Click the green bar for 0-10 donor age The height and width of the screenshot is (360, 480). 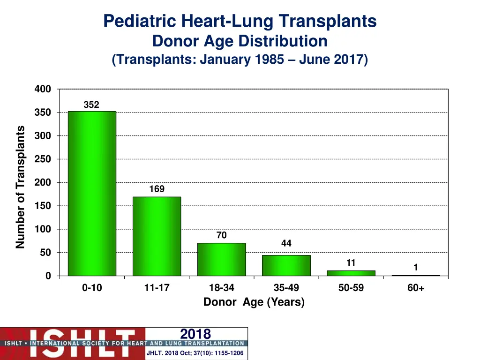pos(92,193)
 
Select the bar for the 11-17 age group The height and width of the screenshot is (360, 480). pos(157,236)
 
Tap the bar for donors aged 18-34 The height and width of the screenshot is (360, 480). pos(221,259)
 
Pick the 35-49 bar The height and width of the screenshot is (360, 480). pos(286,265)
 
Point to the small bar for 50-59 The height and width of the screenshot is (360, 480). pos(351,273)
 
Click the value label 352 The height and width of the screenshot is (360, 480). pos(91,105)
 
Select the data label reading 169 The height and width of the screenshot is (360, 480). pos(157,189)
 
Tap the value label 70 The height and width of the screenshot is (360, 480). pos(222,236)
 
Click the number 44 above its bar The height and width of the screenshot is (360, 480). pos(286,243)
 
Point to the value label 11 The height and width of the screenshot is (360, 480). pos(351,263)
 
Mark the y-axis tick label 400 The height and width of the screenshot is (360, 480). pos(43,89)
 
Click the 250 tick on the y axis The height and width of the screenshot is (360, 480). pos(43,159)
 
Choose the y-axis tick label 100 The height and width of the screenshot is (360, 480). pos(43,229)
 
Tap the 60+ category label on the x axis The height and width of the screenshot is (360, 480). pos(416,288)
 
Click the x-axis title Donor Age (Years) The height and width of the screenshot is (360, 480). pos(254,302)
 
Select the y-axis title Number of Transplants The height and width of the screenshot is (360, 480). pos(20,187)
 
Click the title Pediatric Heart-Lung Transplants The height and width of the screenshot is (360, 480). pos(240,21)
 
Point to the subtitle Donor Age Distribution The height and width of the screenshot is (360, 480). pos(240,41)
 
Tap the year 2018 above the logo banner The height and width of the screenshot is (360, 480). pos(195,334)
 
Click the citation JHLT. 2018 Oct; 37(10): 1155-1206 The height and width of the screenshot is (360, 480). pos(195,353)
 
